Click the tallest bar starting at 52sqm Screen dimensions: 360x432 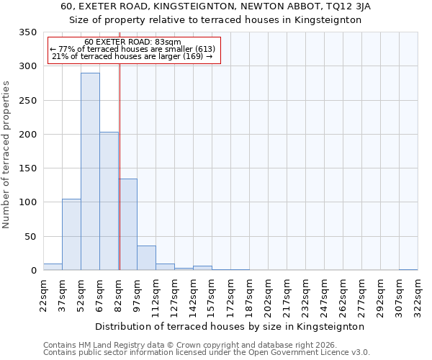[90, 171]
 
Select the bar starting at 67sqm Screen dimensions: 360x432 [109, 202]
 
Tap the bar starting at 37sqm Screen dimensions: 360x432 [71, 235]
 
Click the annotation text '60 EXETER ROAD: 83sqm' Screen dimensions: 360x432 [132, 42]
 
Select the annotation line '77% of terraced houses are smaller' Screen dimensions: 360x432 [132, 49]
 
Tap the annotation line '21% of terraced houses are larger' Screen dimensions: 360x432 [132, 56]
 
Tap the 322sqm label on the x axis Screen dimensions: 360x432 [418, 295]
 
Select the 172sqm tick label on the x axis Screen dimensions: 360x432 [230, 295]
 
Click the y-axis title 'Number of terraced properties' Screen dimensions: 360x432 [6, 155]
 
